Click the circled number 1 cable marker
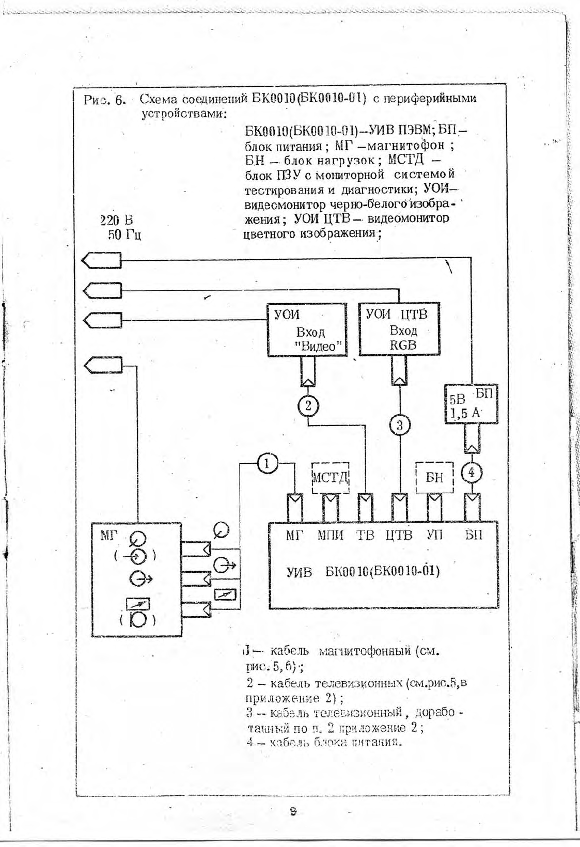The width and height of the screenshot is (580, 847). coord(267,463)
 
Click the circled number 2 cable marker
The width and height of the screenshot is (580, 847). coord(308,405)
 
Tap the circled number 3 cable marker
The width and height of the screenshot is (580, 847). coord(399,426)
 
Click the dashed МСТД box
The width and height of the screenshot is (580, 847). coord(331,477)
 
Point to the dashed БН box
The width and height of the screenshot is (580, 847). coord(434,477)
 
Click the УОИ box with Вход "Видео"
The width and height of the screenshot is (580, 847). coord(306,330)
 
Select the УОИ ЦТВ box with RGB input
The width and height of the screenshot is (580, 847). coord(399,330)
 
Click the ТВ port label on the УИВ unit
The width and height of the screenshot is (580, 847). coord(366,536)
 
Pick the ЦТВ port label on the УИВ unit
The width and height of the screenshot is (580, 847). coord(399,536)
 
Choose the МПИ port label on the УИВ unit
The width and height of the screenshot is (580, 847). coord(330,536)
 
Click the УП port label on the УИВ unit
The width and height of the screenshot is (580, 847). coord(434,536)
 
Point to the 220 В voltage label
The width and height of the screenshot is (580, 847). coord(116,221)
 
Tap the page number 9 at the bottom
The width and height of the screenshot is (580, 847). coord(293,812)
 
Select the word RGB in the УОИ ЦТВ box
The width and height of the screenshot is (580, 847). coord(403,345)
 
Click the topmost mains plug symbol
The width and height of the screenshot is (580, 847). coord(102,260)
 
